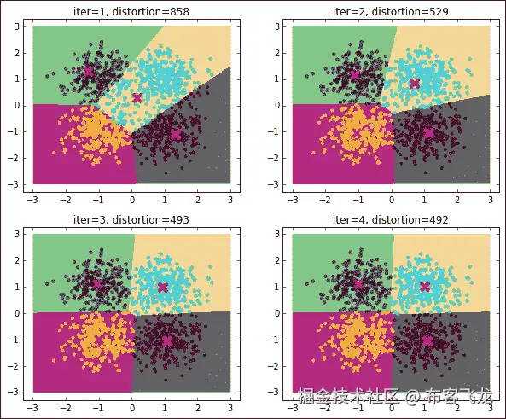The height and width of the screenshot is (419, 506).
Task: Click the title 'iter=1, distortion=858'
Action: pyautogui.click(x=131, y=10)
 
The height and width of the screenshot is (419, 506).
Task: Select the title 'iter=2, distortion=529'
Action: pyautogui.click(x=391, y=10)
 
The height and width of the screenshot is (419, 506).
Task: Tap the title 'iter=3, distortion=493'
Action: pyautogui.click(x=131, y=219)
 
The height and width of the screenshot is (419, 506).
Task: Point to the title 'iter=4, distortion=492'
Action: pyautogui.click(x=391, y=219)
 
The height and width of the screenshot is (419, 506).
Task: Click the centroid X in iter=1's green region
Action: pyautogui.click(x=88, y=72)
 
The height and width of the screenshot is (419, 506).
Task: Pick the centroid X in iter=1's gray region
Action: pyautogui.click(x=176, y=134)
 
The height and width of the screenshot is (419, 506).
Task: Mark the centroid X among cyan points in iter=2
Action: pyautogui.click(x=415, y=83)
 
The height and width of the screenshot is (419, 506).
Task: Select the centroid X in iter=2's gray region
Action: pyautogui.click(x=428, y=132)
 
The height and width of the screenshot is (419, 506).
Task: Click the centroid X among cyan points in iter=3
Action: pyautogui.click(x=163, y=287)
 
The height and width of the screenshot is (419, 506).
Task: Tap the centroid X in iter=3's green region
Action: pyautogui.click(x=96, y=284)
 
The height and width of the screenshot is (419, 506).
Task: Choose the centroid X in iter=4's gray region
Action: pyautogui.click(x=427, y=340)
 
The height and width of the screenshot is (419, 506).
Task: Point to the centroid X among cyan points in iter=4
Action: pyautogui.click(x=424, y=287)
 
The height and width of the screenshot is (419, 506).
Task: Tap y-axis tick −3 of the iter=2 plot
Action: pyautogui.click(x=280, y=183)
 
